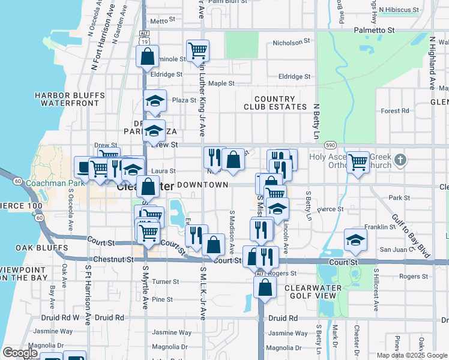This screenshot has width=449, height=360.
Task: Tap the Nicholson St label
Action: (x=291, y=43)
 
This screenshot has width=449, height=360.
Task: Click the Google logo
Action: (x=20, y=352)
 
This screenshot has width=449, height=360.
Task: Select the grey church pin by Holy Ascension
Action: (x=402, y=160)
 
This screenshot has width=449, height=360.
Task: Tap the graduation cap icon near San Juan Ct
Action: (x=355, y=239)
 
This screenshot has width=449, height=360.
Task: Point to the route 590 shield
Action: (x=330, y=145)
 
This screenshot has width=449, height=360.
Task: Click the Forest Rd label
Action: (x=394, y=110)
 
